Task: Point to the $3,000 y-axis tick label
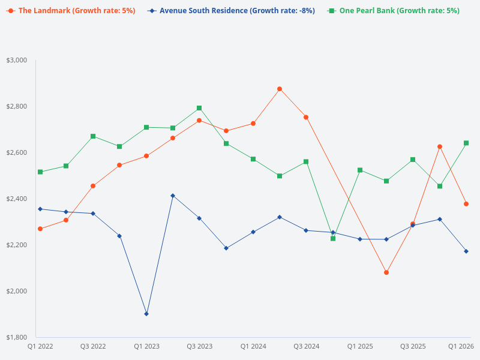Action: pyautogui.click(x=17, y=60)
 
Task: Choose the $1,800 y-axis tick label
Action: pyautogui.click(x=17, y=337)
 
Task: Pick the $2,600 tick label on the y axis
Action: pyautogui.click(x=17, y=152)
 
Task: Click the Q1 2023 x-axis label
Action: pyautogui.click(x=146, y=346)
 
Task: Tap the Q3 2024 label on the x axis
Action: pyautogui.click(x=306, y=346)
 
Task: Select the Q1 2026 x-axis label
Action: pyautogui.click(x=461, y=346)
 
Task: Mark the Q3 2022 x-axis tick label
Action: pyautogui.click(x=93, y=346)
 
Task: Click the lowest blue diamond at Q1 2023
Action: pyautogui.click(x=146, y=314)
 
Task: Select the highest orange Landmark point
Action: pyautogui.click(x=280, y=89)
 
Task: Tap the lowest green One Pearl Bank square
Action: pyautogui.click(x=333, y=238)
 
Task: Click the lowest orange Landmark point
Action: pyautogui.click(x=386, y=272)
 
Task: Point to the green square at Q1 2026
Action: pyautogui.click(x=466, y=143)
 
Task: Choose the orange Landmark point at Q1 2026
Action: pyautogui.click(x=466, y=204)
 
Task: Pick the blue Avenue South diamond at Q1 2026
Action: pyautogui.click(x=466, y=251)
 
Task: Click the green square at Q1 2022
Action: pyautogui.click(x=40, y=172)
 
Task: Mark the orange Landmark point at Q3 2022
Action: pyautogui.click(x=93, y=186)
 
